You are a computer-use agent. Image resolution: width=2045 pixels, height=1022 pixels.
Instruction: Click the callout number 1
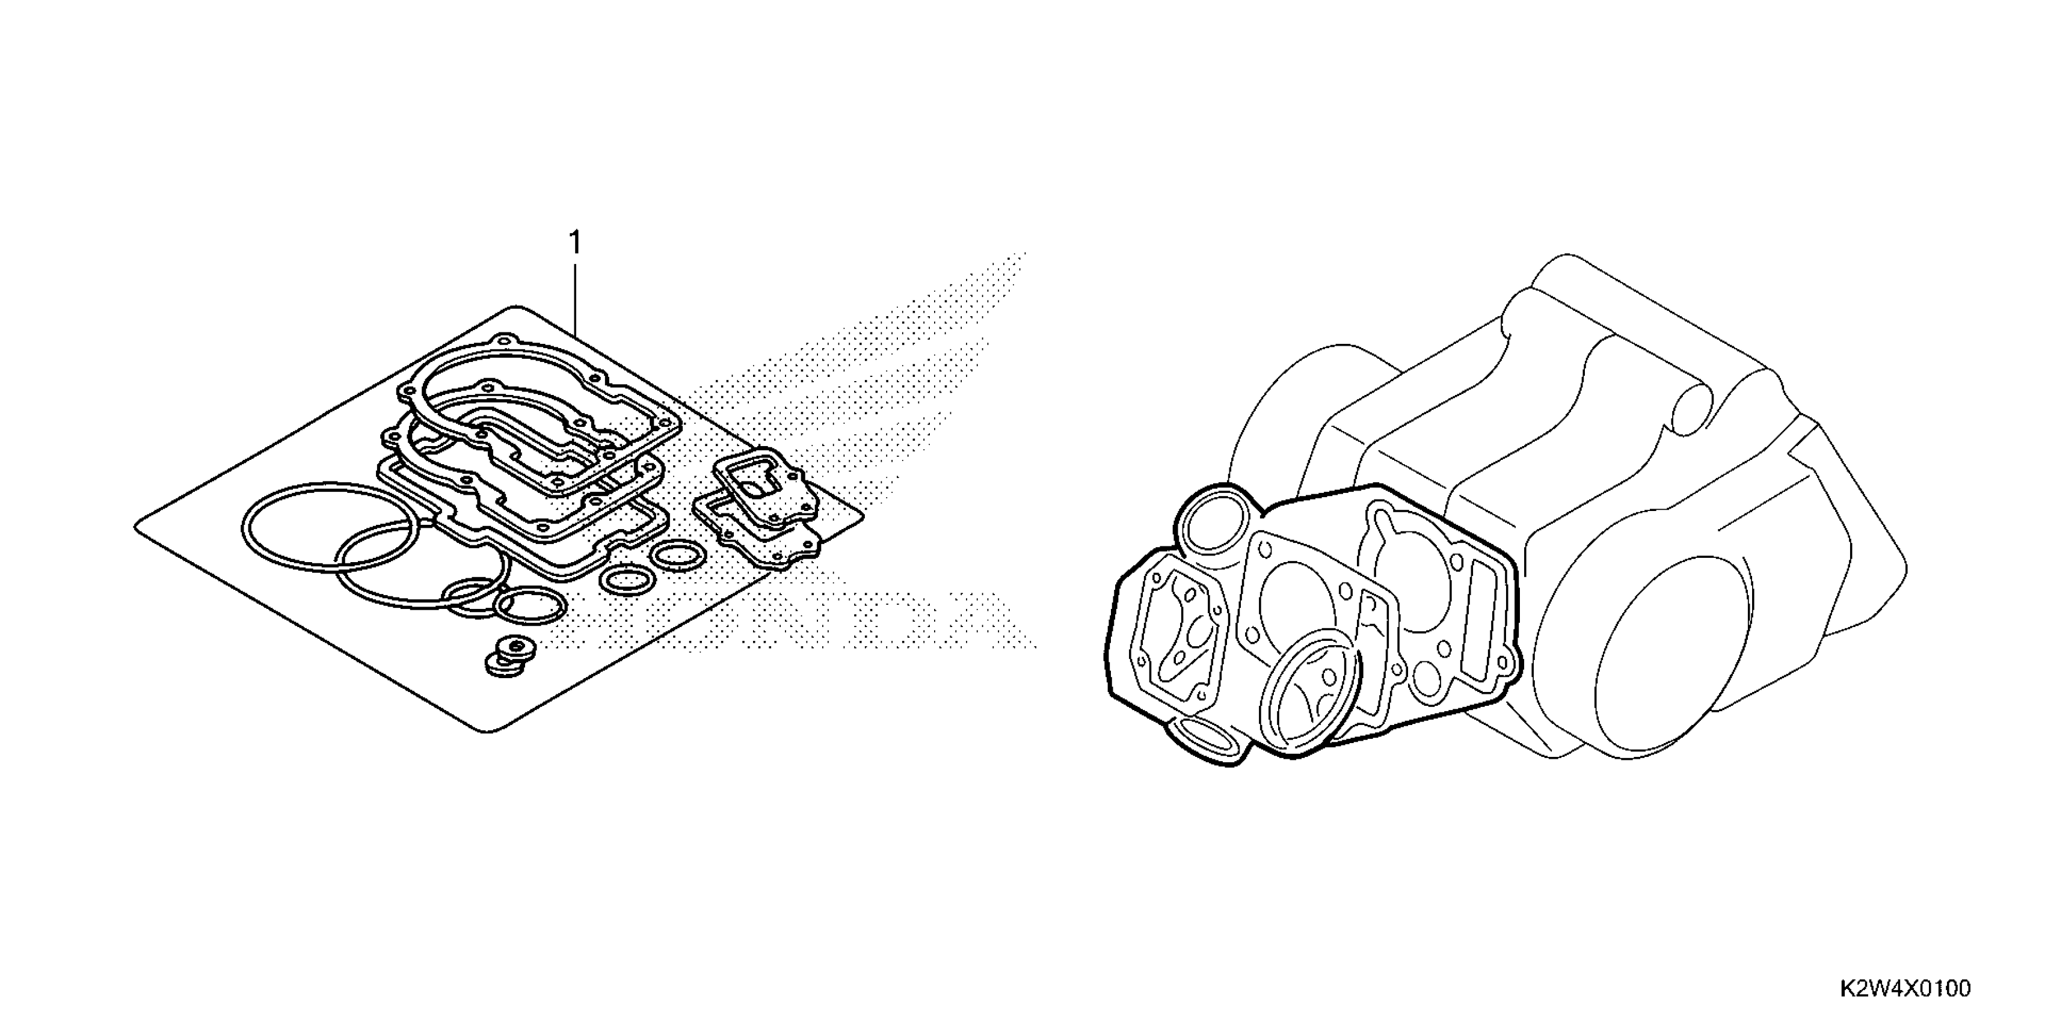click(x=576, y=243)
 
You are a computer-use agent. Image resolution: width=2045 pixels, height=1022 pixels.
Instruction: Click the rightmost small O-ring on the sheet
click(x=677, y=555)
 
